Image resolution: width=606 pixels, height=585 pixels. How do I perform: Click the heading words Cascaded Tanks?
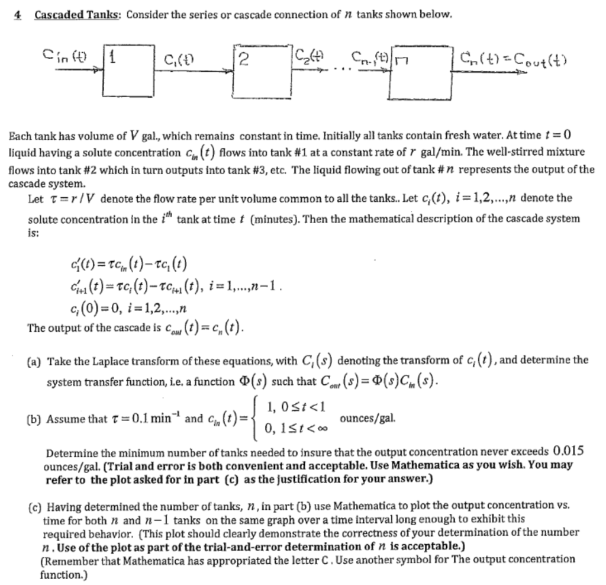[78, 14]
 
